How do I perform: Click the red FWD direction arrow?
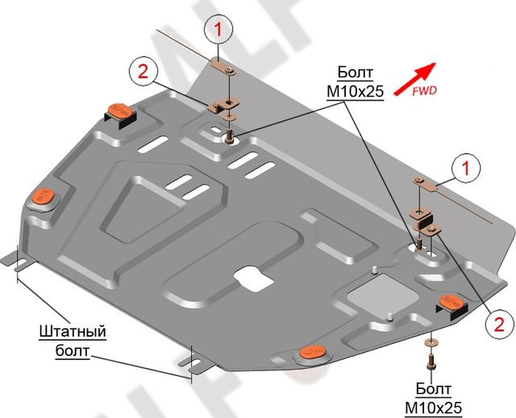click(x=416, y=77)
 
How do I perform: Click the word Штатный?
click(x=72, y=331)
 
